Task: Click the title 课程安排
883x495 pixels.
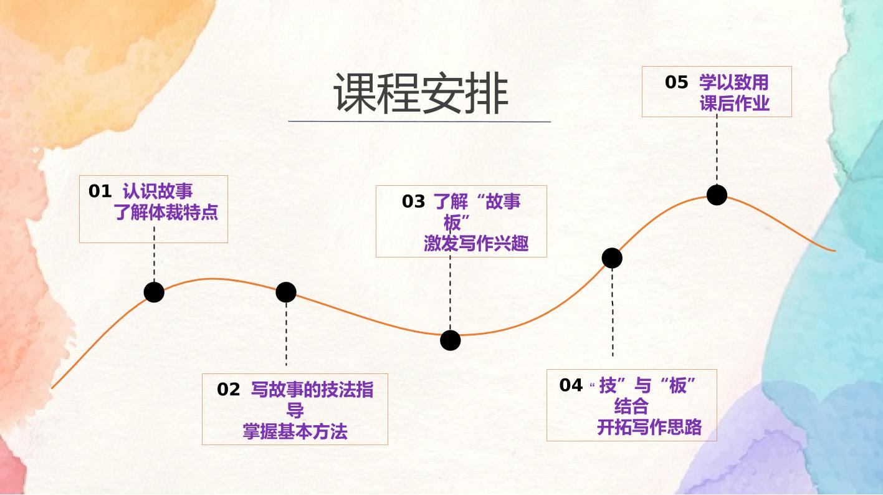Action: (421, 93)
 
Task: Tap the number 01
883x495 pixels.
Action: (100, 191)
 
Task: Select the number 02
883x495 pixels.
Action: (228, 390)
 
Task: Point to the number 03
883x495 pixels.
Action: (413, 201)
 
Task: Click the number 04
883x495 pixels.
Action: (571, 385)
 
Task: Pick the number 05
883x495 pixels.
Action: (677, 82)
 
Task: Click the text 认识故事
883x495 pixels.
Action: (158, 191)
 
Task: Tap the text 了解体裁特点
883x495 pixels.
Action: (166, 213)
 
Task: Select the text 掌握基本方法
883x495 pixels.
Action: (295, 431)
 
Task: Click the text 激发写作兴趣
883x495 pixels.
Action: (476, 243)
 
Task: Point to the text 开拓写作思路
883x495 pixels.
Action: (649, 427)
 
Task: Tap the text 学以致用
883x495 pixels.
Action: (734, 82)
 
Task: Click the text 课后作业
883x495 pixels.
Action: (735, 103)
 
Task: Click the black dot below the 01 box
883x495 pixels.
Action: (154, 292)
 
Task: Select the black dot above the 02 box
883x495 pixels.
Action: (286, 292)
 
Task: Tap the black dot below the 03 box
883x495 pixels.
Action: (450, 340)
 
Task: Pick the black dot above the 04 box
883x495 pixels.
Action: (612, 258)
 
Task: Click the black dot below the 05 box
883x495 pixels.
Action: (717, 195)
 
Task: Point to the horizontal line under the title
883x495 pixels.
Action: (419, 122)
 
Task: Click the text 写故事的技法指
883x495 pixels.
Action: (312, 390)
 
